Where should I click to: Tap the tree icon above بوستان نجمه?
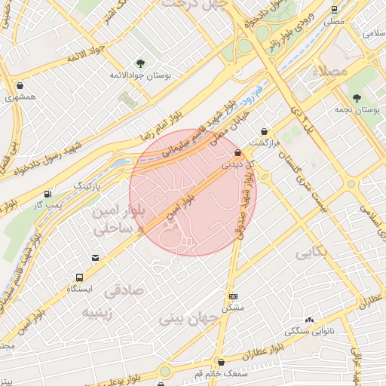[x=355, y=97]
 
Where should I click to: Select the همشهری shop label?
[x=19, y=97]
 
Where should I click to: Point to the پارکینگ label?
[x=84, y=185]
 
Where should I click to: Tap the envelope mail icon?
[x=96, y=259]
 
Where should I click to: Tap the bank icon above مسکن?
[x=233, y=296]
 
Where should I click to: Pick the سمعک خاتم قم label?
[x=219, y=373]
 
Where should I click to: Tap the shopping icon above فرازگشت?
[x=263, y=131]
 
